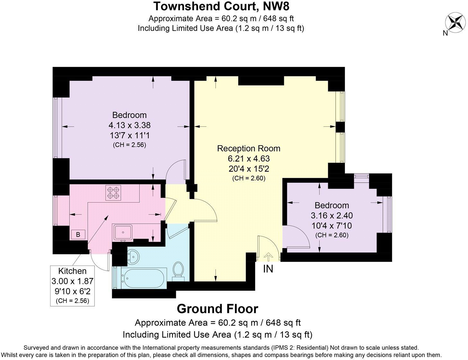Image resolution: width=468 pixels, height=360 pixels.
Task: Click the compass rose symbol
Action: (455, 22)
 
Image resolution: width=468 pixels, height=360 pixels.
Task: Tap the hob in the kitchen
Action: (113, 193)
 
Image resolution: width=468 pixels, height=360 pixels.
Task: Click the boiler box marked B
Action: (78, 235)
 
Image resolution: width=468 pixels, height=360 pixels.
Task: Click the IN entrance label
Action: (268, 269)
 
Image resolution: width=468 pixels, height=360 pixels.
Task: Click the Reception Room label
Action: (248, 148)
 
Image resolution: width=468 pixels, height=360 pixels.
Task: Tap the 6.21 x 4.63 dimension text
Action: (248, 158)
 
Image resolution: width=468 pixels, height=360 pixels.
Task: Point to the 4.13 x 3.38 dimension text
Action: (130, 125)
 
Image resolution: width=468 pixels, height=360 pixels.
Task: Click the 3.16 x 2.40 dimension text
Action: (332, 215)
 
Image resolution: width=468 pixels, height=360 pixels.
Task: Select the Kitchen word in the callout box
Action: (72, 271)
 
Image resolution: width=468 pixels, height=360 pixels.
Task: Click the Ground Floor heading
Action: (218, 309)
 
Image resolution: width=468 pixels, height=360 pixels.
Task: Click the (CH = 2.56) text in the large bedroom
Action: (130, 145)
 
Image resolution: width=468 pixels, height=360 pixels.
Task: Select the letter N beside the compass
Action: (445, 33)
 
